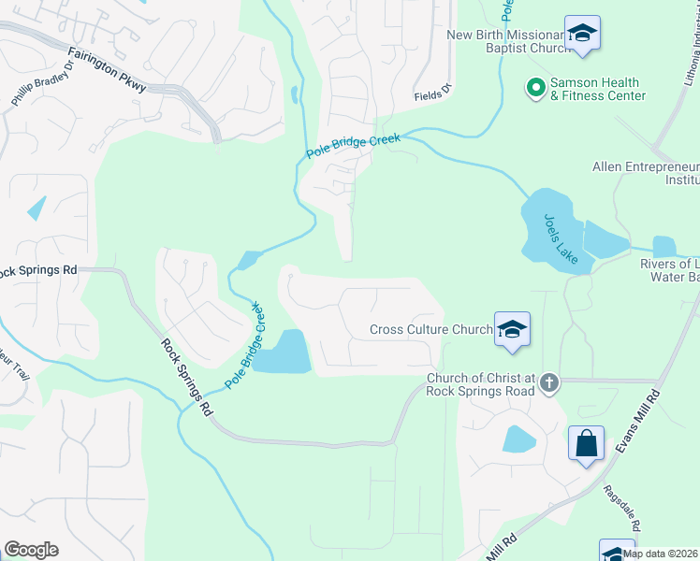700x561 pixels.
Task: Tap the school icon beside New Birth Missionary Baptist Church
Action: pyautogui.click(x=582, y=34)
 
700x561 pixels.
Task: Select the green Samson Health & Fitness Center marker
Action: pyautogui.click(x=535, y=88)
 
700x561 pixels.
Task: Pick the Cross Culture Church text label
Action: pyautogui.click(x=430, y=329)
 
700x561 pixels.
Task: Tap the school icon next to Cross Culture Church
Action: pyautogui.click(x=512, y=329)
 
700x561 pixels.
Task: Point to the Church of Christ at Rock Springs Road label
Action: pyautogui.click(x=480, y=384)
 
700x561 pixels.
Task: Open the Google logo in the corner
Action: pyautogui.click(x=30, y=550)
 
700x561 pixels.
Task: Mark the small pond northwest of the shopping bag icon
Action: pyautogui.click(x=518, y=439)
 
